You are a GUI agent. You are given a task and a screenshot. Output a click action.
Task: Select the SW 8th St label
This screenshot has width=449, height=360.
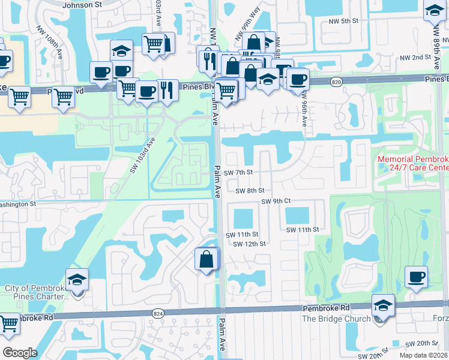point(250,191)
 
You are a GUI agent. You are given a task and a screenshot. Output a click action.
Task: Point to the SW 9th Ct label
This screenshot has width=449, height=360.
point(276,201)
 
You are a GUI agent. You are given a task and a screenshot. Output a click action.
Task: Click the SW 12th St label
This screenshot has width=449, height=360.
point(249,244)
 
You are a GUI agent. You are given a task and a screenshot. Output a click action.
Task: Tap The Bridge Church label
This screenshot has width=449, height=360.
point(336,319)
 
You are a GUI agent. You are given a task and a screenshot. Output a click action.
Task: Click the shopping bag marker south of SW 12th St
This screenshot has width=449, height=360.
point(206,259)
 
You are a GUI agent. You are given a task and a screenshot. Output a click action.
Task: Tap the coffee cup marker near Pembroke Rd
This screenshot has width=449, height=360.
point(416,277)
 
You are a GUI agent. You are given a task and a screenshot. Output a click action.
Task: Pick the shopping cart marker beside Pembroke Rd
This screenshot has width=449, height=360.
point(8,324)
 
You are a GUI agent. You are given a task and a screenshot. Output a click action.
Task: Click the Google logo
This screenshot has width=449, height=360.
point(19,353)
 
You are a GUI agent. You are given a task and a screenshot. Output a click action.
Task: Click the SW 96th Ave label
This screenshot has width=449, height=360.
point(304,109)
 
